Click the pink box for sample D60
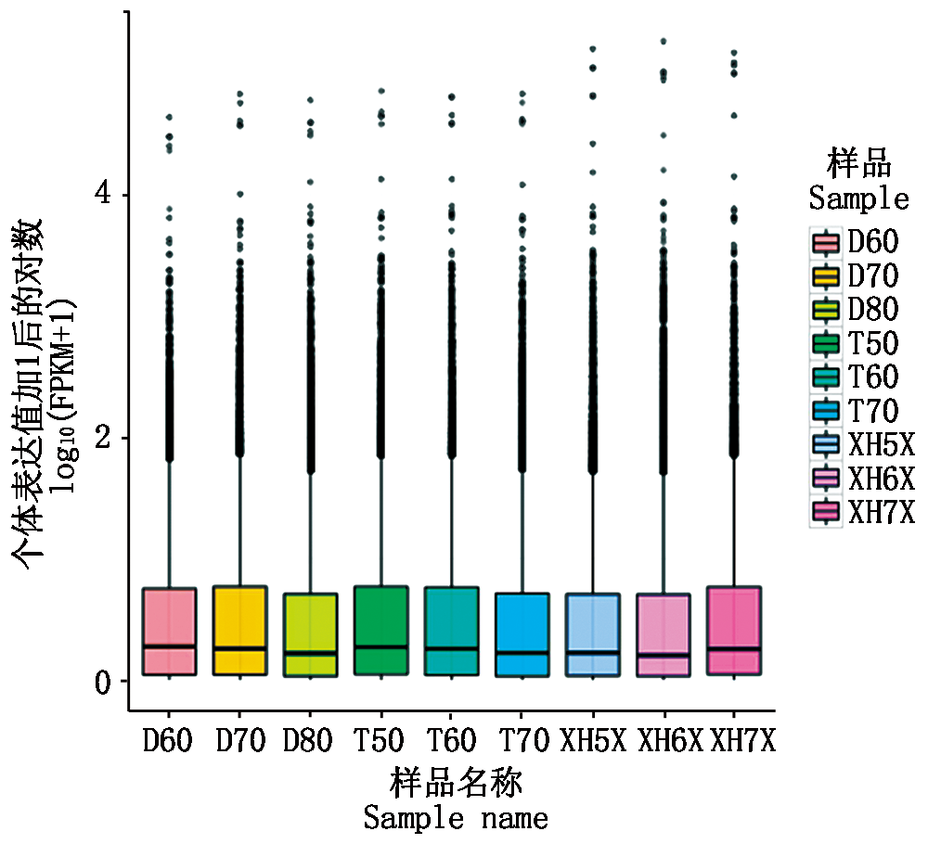point(169,631)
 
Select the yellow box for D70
point(240,630)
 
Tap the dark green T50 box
point(381,630)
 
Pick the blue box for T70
point(522,633)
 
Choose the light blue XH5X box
point(592,634)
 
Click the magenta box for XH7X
point(734,630)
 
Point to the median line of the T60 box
point(452,648)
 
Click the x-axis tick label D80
point(310,742)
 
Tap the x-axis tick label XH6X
point(663,742)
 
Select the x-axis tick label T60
point(452,742)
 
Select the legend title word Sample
point(858,198)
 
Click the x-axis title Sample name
point(455,818)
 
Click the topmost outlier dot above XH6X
point(663,42)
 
